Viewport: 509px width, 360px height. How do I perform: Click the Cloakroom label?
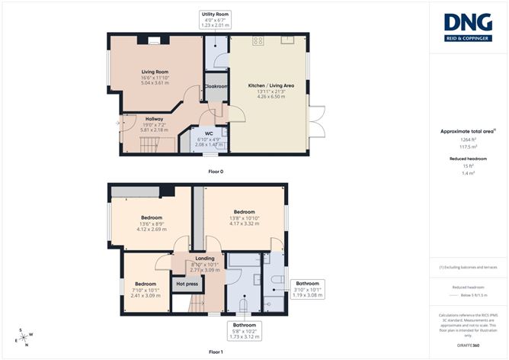coord(216,86)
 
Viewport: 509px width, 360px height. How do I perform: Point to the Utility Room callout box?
coord(215,20)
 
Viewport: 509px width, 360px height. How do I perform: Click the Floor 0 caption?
coord(216,172)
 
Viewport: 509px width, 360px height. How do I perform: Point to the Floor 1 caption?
coord(216,352)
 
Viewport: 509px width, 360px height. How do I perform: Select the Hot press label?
coord(187,284)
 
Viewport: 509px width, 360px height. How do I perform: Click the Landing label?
coord(205,259)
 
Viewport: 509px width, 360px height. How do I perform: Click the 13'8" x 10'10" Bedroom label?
coord(244,211)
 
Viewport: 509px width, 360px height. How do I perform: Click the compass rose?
coord(25,337)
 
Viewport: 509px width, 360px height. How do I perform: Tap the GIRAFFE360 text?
coord(468,346)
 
